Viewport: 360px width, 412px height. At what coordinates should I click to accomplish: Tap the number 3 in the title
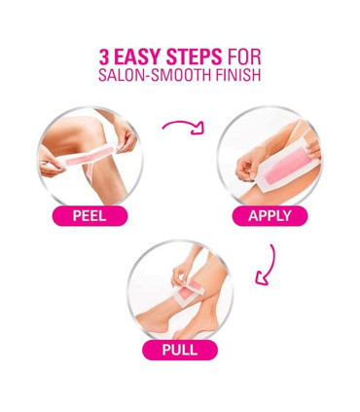point(104,56)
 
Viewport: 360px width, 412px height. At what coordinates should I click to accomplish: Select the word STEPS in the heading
point(195,56)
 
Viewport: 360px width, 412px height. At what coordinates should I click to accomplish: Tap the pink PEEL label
point(90,216)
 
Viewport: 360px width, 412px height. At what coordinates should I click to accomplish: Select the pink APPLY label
point(270,216)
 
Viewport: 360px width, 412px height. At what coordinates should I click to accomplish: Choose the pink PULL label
point(180,350)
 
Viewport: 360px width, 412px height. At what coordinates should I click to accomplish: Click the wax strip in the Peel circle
point(90,158)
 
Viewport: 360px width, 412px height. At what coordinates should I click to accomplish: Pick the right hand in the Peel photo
point(125,138)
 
